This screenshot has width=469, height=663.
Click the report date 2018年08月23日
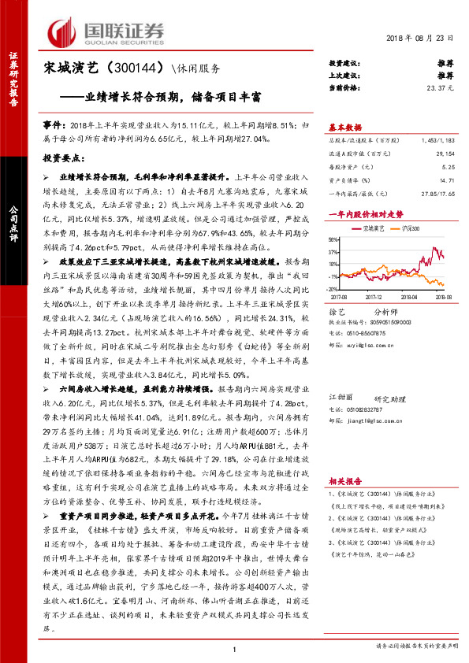[x=420, y=39]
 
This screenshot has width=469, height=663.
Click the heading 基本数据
[x=344, y=127]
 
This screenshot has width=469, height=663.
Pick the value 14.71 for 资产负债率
[x=446, y=180]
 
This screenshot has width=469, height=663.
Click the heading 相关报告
[x=344, y=480]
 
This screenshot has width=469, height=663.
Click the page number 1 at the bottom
[x=234, y=648]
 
